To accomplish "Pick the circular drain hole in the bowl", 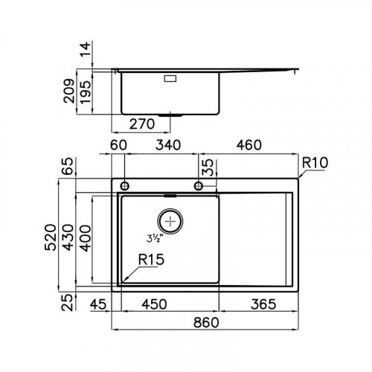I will click(x=171, y=221).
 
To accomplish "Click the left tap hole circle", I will click(x=124, y=185).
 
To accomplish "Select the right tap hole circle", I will click(x=199, y=185).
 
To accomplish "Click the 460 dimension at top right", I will click(x=248, y=146).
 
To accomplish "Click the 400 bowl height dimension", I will click(x=87, y=237).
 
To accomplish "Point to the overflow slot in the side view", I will click(x=169, y=76).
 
